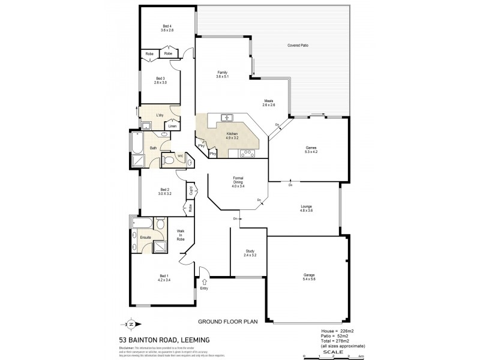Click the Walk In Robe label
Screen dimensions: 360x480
(181, 235)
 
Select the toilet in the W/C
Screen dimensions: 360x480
(170, 160)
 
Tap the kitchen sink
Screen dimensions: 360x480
(227, 118)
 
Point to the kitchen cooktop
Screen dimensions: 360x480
(246, 154)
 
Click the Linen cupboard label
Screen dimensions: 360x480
(172, 127)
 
